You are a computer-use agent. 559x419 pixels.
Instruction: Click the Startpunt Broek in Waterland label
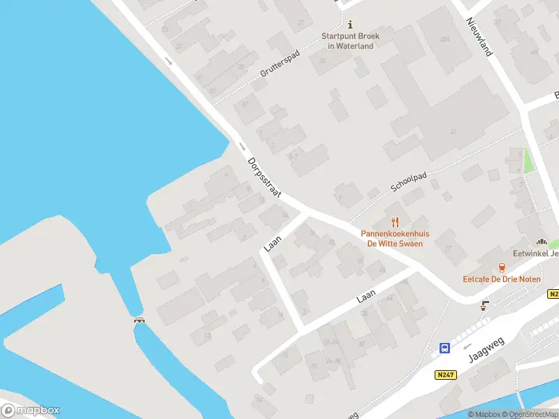pos(350,41)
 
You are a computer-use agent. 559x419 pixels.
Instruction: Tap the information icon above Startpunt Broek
pos(350,24)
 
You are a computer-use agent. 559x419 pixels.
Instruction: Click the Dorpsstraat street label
pos(264,177)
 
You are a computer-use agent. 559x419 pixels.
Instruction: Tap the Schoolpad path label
pos(409,182)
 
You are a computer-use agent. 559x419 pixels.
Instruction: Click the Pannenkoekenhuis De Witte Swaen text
pos(395,239)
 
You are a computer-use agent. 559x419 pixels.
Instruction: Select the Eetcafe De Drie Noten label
pos(501,279)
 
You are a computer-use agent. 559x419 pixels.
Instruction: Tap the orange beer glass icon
pos(501,267)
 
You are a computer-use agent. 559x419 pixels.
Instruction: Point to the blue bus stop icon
pos(444,348)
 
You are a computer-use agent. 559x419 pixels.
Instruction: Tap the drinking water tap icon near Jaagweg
pos(485,305)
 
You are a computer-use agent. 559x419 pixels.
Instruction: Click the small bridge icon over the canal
pos(140,321)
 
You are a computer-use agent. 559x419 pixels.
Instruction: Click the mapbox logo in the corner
pos(31,411)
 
